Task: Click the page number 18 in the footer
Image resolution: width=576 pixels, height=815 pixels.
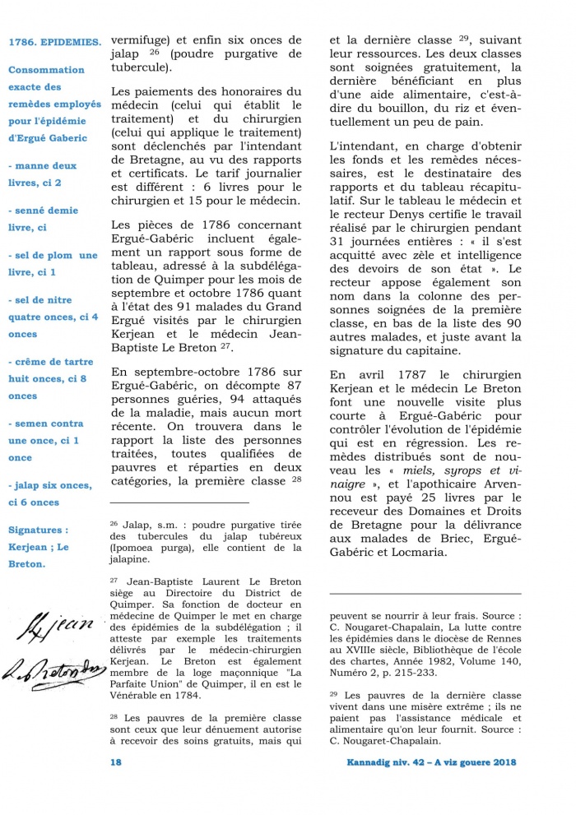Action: (x=116, y=762)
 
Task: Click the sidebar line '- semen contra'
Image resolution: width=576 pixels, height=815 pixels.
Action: (x=46, y=424)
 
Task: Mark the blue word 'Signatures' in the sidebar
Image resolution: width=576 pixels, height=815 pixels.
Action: (x=36, y=530)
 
